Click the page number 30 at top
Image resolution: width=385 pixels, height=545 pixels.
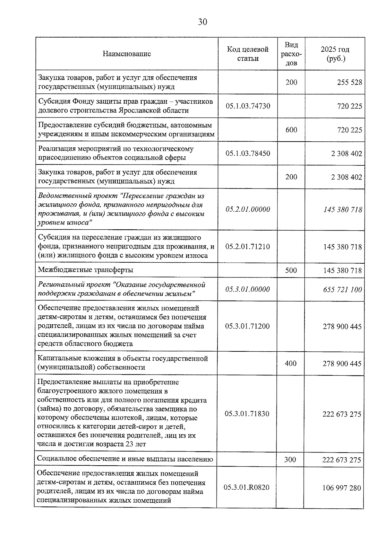202,22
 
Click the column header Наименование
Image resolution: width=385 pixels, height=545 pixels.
127,54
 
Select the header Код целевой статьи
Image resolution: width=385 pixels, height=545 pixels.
248,54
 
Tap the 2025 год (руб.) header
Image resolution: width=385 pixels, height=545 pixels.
335,54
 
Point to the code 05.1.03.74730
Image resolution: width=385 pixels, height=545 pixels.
248,106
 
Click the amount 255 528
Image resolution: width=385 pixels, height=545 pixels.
349,82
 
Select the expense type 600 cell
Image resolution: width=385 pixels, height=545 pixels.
291,130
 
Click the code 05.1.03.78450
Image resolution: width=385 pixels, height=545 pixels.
248,153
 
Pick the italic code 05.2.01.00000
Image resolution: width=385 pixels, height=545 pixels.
248,209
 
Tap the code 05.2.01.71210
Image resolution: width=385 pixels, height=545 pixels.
247,247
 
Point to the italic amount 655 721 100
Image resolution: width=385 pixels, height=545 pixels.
342,289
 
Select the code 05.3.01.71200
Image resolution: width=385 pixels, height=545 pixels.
247,326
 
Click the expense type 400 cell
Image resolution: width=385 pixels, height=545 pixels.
290,363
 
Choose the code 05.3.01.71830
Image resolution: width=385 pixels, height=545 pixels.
247,414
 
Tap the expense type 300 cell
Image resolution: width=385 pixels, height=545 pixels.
290,460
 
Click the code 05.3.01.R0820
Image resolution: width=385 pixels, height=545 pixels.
246,487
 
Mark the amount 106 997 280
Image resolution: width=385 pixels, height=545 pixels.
342,488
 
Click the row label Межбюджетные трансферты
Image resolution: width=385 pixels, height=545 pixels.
85,270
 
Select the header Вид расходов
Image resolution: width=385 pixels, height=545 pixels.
291,54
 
